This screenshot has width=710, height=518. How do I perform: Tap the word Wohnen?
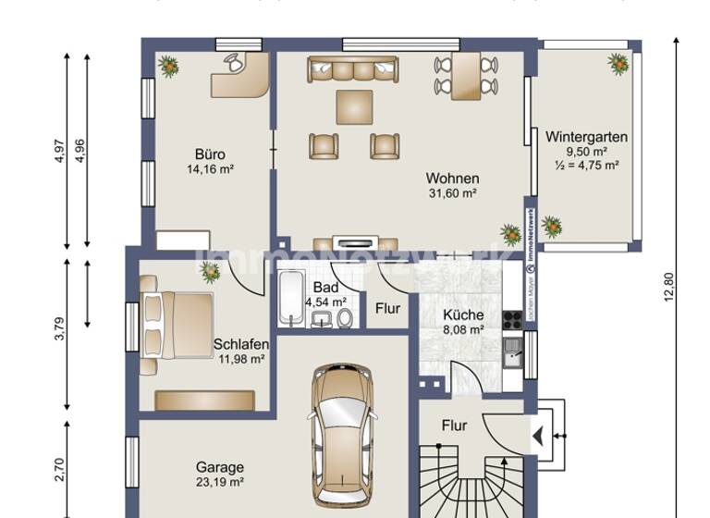coord(452,178)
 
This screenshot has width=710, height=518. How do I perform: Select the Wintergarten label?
coord(586,136)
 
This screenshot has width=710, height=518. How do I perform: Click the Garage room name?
coord(219,467)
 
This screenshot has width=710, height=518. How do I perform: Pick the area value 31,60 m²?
coord(452,193)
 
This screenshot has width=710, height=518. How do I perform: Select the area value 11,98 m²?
coord(242,359)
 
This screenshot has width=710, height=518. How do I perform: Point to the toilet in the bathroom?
coord(345,318)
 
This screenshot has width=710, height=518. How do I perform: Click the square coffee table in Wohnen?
coord(356,106)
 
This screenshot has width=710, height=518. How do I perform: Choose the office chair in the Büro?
coord(234,62)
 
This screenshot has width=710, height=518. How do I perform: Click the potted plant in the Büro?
coord(168,65)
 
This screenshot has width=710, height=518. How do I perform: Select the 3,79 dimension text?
coord(60,330)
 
